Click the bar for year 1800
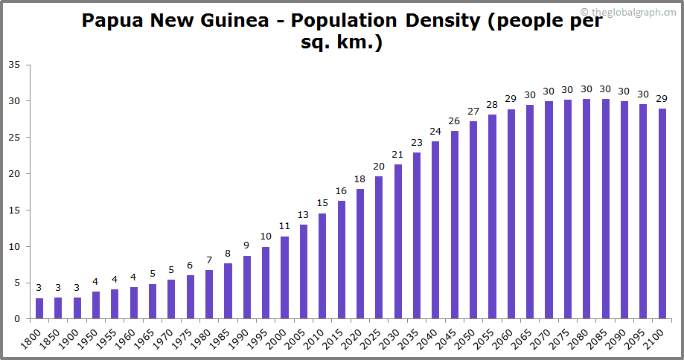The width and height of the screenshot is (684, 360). [x=39, y=309]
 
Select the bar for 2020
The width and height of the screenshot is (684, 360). [x=360, y=254]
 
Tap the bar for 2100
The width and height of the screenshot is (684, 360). [x=662, y=213]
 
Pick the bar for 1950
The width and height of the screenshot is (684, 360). [x=96, y=305]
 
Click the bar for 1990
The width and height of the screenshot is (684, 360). [x=247, y=287]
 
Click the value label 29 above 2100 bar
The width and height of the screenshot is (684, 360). [x=662, y=99]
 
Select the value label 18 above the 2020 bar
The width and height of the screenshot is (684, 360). [x=360, y=179]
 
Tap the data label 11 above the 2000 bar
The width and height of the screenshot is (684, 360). [x=285, y=226]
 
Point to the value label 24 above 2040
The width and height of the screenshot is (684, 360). [x=435, y=132]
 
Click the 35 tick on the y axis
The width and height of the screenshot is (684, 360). [x=14, y=65]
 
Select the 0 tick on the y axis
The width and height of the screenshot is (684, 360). [x=17, y=319]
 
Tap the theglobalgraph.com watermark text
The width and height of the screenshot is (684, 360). [x=633, y=12]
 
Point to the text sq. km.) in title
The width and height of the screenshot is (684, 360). [x=342, y=43]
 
